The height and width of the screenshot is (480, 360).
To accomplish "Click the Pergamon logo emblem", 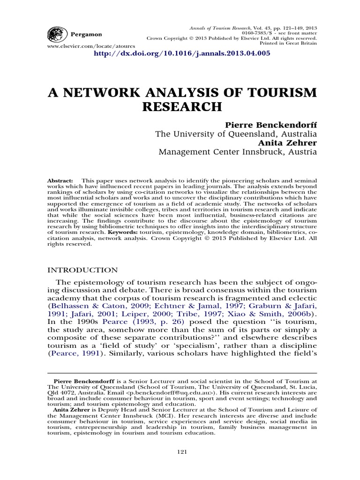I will (x=56, y=35).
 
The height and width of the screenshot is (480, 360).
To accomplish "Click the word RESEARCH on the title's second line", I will (x=182, y=107).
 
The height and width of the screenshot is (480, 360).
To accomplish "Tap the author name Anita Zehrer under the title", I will (x=292, y=143).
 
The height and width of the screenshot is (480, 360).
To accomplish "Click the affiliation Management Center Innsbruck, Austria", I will (x=238, y=152).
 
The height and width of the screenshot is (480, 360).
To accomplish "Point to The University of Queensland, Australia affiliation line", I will (x=236, y=134).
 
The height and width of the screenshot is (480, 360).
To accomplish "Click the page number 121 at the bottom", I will (x=182, y=451).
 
